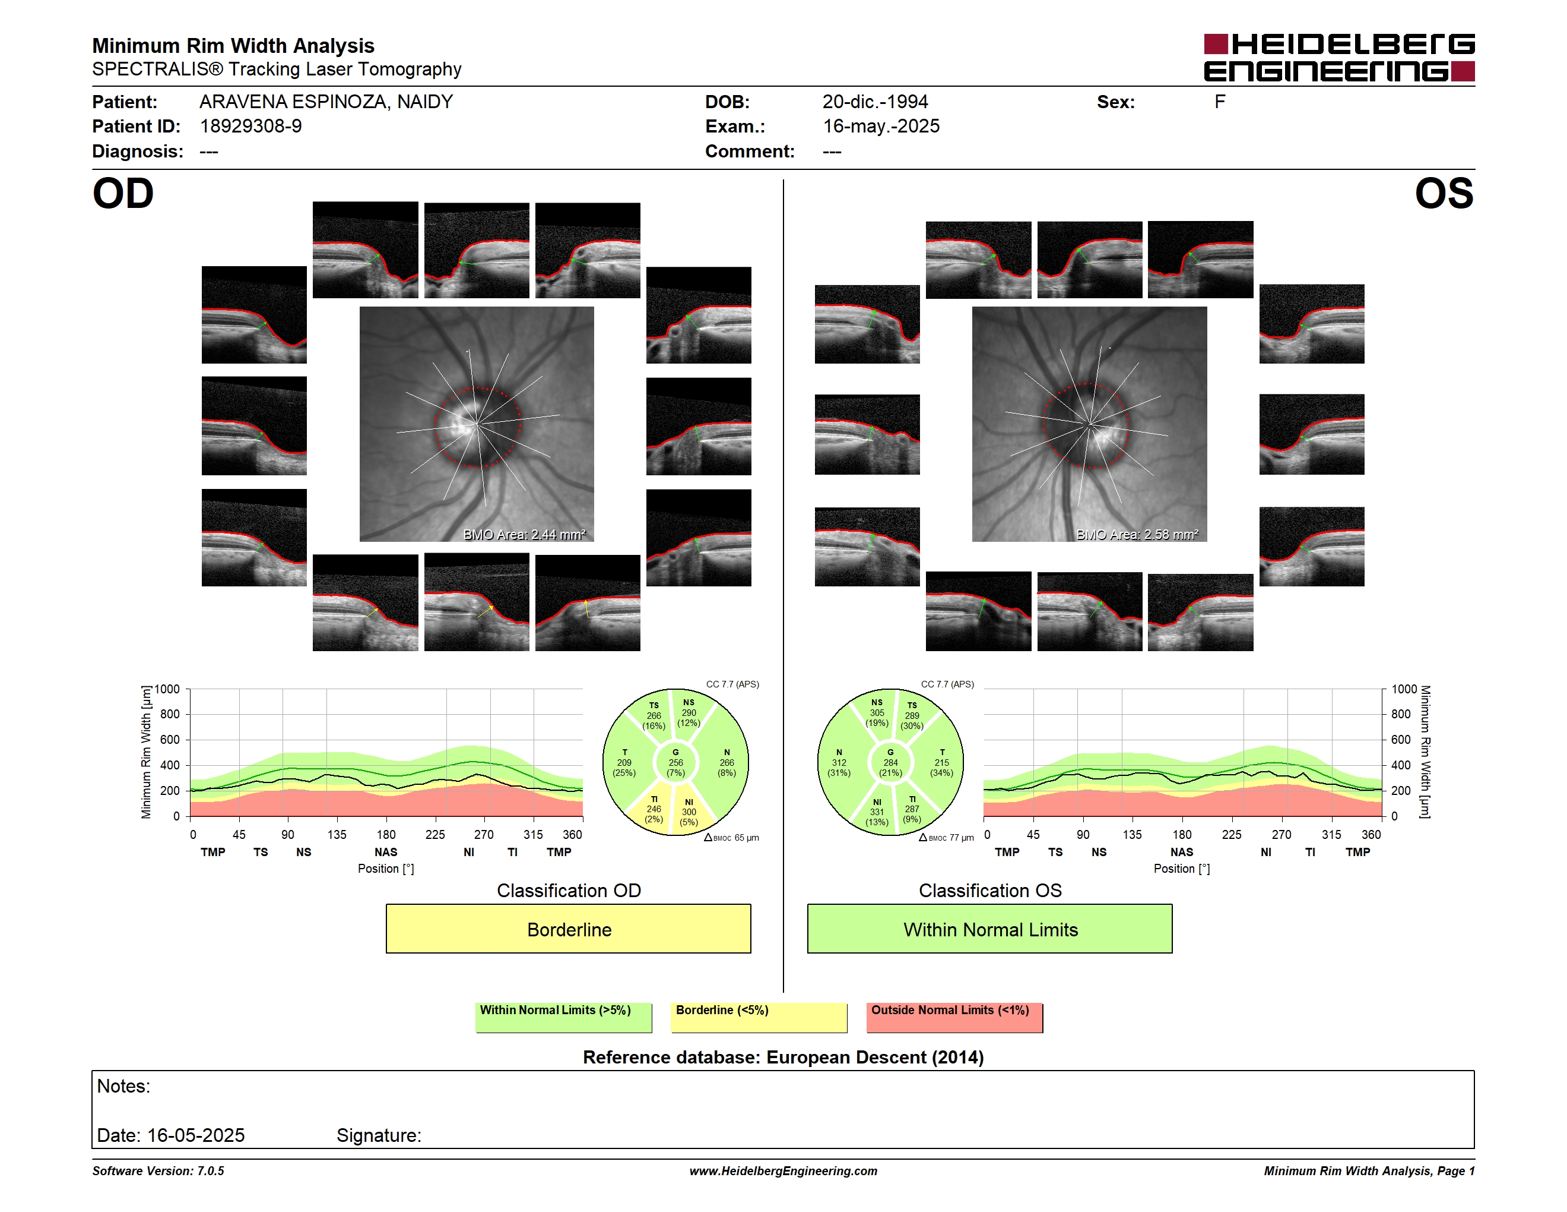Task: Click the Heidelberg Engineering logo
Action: click(x=1339, y=58)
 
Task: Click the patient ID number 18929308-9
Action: click(x=250, y=127)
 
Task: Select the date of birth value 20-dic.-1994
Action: click(x=875, y=102)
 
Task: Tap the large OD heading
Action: click(x=123, y=194)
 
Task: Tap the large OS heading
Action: click(x=1444, y=194)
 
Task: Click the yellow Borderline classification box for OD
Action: click(x=568, y=929)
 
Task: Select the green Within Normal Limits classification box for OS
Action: click(x=989, y=929)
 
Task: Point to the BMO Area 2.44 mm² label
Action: click(x=525, y=534)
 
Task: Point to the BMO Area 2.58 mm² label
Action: click(x=1137, y=534)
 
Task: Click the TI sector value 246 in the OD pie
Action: click(x=654, y=809)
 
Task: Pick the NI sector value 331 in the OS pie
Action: click(x=877, y=812)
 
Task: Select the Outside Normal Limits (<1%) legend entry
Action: click(x=954, y=1017)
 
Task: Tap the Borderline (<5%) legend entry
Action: click(x=759, y=1017)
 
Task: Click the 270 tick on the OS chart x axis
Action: click(x=1281, y=834)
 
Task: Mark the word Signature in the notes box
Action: click(x=379, y=1135)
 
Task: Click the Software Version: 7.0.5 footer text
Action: click(x=158, y=1171)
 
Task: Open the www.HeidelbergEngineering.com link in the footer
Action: click(x=783, y=1171)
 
